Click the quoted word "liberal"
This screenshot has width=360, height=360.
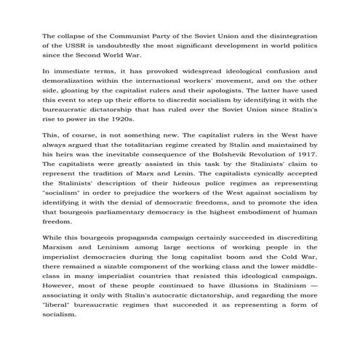pyautogui.click(x=60, y=316)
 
